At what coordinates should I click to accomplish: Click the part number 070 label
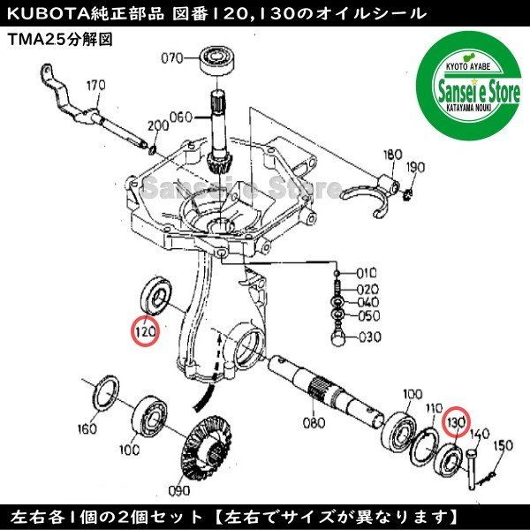(171, 59)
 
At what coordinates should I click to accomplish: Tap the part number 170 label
(95, 86)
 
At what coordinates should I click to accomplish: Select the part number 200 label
(159, 127)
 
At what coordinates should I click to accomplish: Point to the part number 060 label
(181, 117)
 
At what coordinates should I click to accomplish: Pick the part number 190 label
(416, 167)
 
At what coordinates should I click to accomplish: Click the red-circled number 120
(144, 332)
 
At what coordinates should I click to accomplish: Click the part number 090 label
(180, 488)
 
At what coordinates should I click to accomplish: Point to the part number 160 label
(86, 430)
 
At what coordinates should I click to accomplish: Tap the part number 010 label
(366, 273)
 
